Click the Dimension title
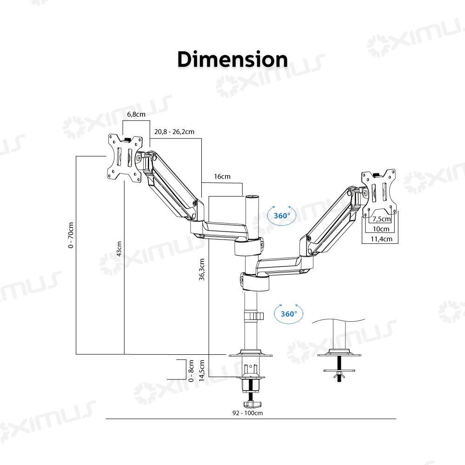coord(232,60)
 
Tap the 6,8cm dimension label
coord(136,114)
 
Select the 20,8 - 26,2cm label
coord(174,132)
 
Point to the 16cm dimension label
coord(222,176)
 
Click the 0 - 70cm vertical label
coord(71,235)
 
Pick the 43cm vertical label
coord(119,248)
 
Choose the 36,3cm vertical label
coord(202,269)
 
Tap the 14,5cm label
coord(202,371)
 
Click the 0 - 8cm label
coord(191,371)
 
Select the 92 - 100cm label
coord(248,413)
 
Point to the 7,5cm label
coord(381,219)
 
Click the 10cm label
coord(381,229)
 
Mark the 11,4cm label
coord(381,239)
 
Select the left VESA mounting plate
coord(125,158)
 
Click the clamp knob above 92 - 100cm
coord(252,404)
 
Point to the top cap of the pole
coord(251,196)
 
